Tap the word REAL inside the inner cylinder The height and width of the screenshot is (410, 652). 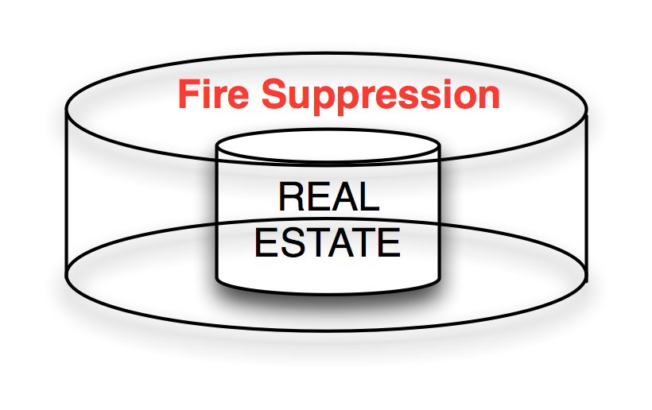tap(328, 196)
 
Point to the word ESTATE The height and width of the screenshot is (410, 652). tap(328, 242)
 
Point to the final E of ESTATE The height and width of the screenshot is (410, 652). tap(390, 242)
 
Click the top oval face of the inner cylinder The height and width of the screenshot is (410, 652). tap(328, 148)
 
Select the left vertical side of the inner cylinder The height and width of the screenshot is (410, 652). tap(218, 215)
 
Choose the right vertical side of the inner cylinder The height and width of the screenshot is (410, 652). tap(438, 215)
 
